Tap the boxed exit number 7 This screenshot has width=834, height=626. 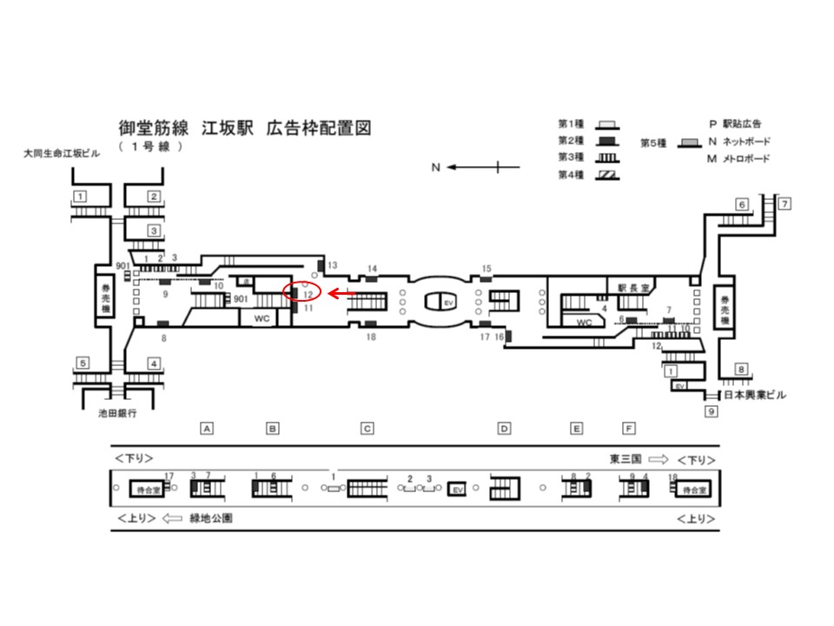point(784,204)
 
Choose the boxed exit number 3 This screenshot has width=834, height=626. point(153,230)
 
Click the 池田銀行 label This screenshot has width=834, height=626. point(117,414)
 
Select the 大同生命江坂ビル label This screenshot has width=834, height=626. point(66,154)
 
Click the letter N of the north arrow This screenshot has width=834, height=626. point(436,168)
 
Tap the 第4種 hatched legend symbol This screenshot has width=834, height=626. point(606,176)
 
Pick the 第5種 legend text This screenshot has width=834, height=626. point(653,141)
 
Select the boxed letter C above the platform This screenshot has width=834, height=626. point(367,428)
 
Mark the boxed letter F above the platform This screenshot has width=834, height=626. point(629,428)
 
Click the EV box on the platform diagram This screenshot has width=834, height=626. point(458,490)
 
